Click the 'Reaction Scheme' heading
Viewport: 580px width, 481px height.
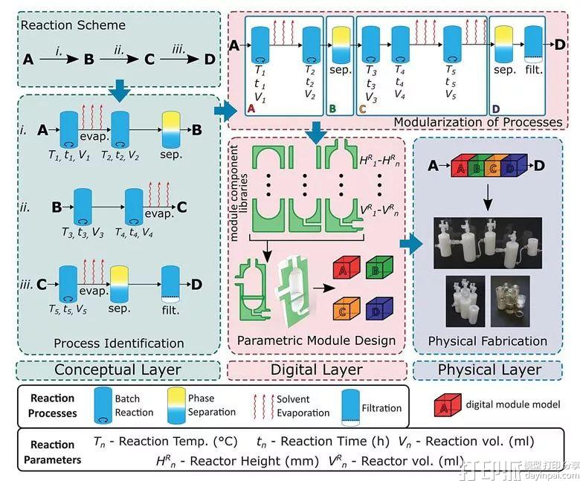73,25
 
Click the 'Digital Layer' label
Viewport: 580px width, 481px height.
316,369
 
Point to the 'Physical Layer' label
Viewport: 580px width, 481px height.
489,369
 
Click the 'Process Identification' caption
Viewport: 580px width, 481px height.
118,343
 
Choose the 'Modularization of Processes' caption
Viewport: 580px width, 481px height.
489,122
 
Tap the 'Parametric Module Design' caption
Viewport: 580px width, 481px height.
316,341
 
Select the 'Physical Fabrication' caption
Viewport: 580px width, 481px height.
487,341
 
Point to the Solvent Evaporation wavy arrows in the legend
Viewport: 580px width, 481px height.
262,406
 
